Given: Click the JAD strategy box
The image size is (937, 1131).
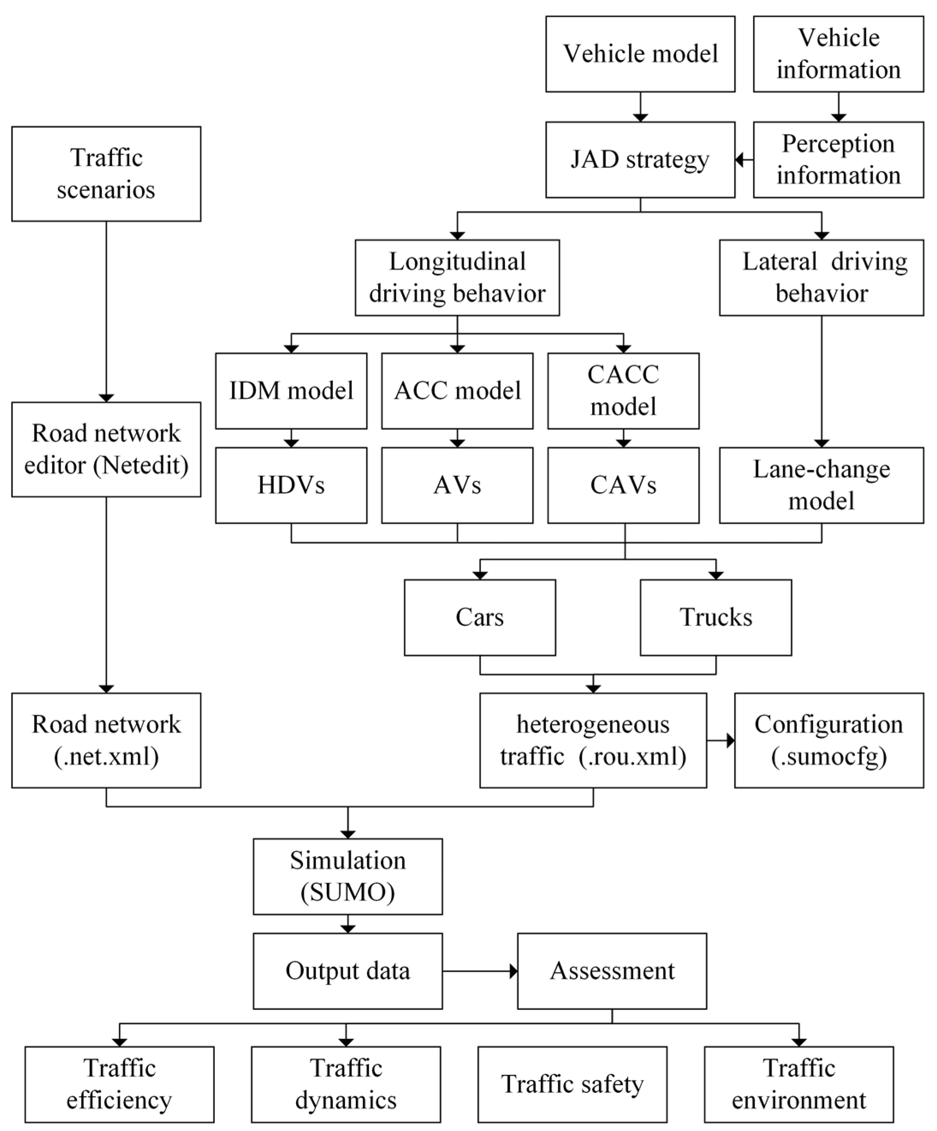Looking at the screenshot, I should tap(640, 160).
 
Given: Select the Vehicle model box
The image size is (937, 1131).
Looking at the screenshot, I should tap(640, 54).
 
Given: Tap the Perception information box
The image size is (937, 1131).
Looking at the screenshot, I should tap(838, 160).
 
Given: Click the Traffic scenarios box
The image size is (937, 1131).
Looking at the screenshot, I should tap(106, 174).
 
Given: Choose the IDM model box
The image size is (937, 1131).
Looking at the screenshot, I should tap(291, 391).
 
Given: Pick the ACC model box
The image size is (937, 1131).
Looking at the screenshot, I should tap(457, 391).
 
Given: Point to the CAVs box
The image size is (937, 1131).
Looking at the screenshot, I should tap(623, 485).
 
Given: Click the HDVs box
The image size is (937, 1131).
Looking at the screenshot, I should tap(291, 485).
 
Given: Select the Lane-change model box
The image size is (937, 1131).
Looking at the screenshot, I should tap(821, 485).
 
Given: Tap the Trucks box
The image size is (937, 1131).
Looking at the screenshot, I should tap(715, 617).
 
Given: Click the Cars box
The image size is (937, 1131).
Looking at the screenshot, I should tap(480, 617).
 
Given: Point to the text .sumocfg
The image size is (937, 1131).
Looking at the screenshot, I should tap(829, 757).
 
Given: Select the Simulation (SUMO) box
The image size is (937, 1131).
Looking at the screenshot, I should tap(348, 877).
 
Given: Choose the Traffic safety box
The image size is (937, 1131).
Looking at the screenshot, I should tap(572, 1085).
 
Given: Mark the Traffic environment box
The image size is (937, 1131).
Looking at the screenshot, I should tap(799, 1085).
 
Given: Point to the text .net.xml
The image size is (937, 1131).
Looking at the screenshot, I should tap(106, 757).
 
